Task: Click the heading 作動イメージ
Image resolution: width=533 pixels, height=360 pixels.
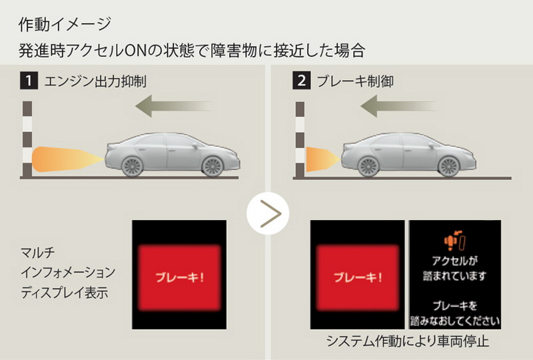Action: click(65, 25)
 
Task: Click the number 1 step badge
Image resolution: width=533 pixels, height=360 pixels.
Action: click(29, 81)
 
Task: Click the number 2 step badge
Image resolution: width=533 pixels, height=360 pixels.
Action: click(302, 81)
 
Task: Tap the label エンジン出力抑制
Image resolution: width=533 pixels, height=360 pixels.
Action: click(95, 81)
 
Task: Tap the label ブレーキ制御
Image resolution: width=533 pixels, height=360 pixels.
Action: click(355, 81)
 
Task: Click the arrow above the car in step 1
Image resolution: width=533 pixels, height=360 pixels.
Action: click(173, 106)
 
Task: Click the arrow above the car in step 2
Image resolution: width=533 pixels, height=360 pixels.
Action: click(398, 106)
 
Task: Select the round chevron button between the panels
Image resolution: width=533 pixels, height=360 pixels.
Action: click(268, 213)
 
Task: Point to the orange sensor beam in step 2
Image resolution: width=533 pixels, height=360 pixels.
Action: click(323, 159)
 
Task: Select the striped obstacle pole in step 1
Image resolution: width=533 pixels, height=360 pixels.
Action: click(27, 139)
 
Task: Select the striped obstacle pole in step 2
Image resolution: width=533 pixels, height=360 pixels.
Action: click(300, 139)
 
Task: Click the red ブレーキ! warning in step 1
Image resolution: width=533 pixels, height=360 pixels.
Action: click(179, 277)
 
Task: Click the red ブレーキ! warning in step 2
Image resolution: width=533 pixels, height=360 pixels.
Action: click(358, 277)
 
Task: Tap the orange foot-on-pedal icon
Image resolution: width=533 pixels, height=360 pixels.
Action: click(454, 240)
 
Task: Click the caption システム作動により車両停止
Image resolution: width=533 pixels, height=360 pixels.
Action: click(408, 341)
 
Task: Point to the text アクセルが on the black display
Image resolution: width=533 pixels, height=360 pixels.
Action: click(454, 261)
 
